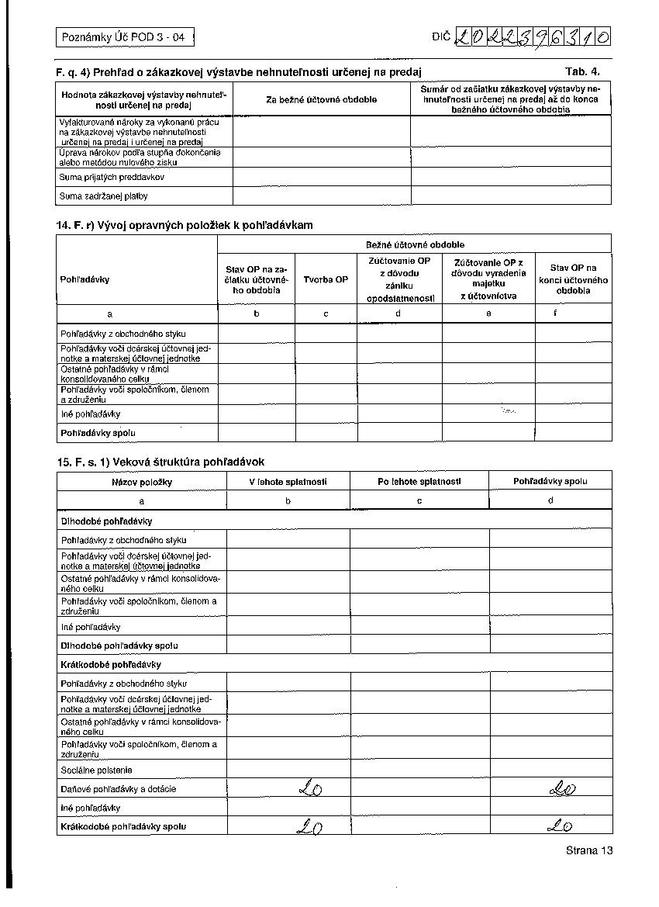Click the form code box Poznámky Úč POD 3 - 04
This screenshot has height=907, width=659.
[x=123, y=36]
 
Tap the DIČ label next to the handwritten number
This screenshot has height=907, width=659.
[x=441, y=36]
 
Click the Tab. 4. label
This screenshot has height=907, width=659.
[x=582, y=71]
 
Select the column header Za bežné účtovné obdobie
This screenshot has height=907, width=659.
[x=321, y=99]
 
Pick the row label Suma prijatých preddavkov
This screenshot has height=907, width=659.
[x=112, y=177]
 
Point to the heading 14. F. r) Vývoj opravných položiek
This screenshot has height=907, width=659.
[x=185, y=225]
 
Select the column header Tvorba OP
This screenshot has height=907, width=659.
[x=326, y=279]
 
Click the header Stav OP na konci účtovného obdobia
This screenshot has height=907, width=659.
[x=573, y=279]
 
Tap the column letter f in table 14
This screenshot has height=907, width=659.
[x=555, y=313]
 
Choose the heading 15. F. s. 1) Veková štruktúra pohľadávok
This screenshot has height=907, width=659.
[x=160, y=462]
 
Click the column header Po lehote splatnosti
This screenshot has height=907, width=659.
[x=419, y=481]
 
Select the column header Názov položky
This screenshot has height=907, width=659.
[x=141, y=482]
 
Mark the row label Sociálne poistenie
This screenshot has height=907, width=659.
[x=96, y=770]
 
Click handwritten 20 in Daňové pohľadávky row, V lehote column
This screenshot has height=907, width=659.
[x=310, y=789]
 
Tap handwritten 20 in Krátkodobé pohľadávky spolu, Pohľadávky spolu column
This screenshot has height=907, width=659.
[x=559, y=826]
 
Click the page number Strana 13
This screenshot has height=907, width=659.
[x=589, y=850]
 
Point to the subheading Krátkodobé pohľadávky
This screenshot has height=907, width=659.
[x=110, y=665]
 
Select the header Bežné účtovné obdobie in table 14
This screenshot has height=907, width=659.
[x=415, y=244]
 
